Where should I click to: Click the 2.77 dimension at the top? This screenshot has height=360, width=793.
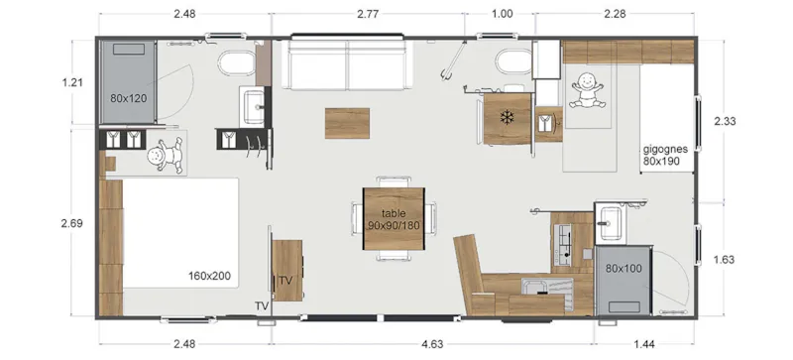pos(368,13)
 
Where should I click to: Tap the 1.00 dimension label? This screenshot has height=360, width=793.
pos(503,13)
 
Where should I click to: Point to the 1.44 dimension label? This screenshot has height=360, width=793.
pos(644,344)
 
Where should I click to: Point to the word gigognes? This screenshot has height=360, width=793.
pos(665,148)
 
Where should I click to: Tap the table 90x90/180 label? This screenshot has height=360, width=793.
pos(394,219)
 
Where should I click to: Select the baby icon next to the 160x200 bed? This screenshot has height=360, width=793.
pos(164,154)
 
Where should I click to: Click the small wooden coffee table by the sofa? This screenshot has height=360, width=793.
pos(346,121)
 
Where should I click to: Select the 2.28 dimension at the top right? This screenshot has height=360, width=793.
pos(617,13)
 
